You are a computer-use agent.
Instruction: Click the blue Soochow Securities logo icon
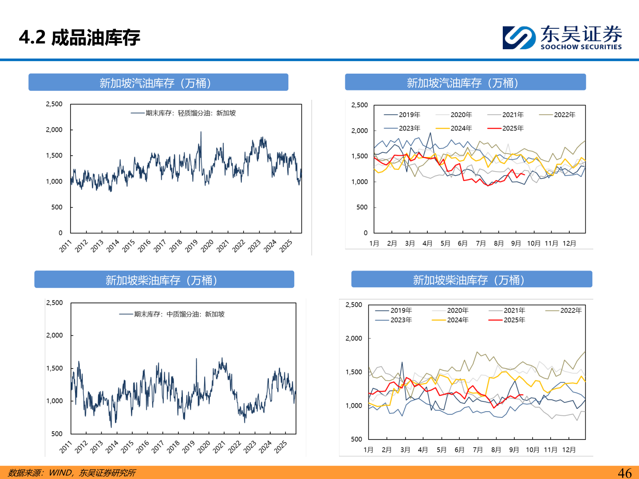point(518,38)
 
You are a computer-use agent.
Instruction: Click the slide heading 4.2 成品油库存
point(79,38)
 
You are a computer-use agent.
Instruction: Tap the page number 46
point(624,473)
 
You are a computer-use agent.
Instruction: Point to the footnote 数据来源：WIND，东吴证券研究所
point(72,473)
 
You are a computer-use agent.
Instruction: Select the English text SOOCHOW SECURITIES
point(581,47)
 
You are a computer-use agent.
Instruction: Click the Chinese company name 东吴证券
point(581,34)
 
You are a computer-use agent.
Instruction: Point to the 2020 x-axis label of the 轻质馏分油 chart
point(207,246)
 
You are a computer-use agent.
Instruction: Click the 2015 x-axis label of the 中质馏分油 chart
point(127,447)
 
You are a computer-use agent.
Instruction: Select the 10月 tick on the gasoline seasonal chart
point(533,243)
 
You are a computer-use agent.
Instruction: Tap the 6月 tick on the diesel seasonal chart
point(459,450)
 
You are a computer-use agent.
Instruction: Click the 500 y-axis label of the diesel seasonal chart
point(356,439)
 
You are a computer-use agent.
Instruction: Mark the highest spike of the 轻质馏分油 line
point(201,132)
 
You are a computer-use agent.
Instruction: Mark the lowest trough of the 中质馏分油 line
point(111,427)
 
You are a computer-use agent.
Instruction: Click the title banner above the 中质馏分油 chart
point(164,280)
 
